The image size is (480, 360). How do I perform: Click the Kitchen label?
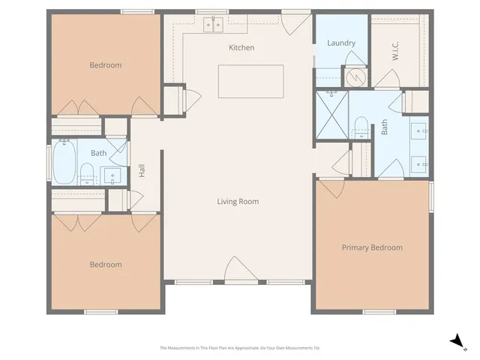coord(241,48)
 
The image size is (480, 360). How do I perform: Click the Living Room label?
coord(238,201)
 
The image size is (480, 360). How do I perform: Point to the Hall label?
coord(142,171)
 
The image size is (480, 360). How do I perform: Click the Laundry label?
coord(341,43)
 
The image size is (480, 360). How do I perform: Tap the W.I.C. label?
coord(394,50)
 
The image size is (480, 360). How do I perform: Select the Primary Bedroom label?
coord(372,247)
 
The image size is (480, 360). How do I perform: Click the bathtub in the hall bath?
coord(62,163)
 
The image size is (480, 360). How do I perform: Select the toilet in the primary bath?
coord(361,127)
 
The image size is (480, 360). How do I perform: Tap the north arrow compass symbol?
coord(455,341)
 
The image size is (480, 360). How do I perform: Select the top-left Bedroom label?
coord(106,65)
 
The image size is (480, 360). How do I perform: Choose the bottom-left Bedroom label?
coord(106,265)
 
